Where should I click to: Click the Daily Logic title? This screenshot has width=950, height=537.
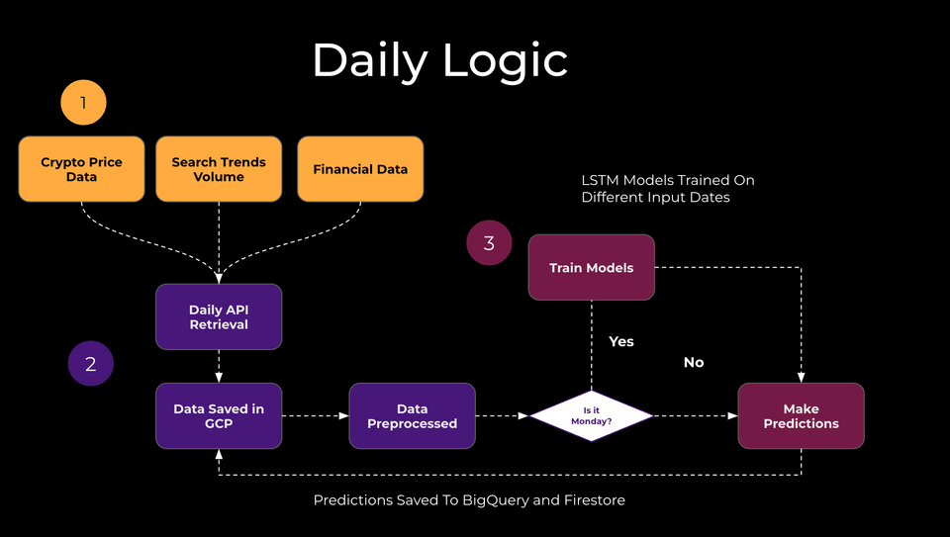(439, 61)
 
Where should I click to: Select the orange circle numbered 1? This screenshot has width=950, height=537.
(83, 102)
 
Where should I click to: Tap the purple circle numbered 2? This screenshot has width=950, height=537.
(91, 363)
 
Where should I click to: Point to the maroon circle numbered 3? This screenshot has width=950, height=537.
(489, 243)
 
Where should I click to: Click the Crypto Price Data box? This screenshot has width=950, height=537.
(82, 169)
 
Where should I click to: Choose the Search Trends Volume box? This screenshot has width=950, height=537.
(219, 169)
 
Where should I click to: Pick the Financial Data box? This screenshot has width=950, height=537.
(360, 169)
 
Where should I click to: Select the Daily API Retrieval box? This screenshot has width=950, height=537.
(219, 316)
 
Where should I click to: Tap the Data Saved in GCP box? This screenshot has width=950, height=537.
(219, 415)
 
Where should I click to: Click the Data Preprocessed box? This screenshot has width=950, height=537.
(412, 415)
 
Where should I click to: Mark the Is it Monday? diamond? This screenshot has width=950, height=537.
(592, 415)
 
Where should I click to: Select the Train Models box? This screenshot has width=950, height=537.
(591, 267)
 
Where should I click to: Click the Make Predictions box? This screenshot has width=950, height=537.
(801, 415)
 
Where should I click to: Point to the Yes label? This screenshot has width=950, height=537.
(620, 341)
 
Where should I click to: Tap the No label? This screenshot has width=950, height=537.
(694, 363)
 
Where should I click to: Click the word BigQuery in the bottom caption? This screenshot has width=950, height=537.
(499, 500)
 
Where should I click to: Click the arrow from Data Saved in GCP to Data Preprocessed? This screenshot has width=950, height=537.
(315, 415)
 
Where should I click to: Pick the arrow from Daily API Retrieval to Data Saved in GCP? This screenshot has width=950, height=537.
(219, 366)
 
